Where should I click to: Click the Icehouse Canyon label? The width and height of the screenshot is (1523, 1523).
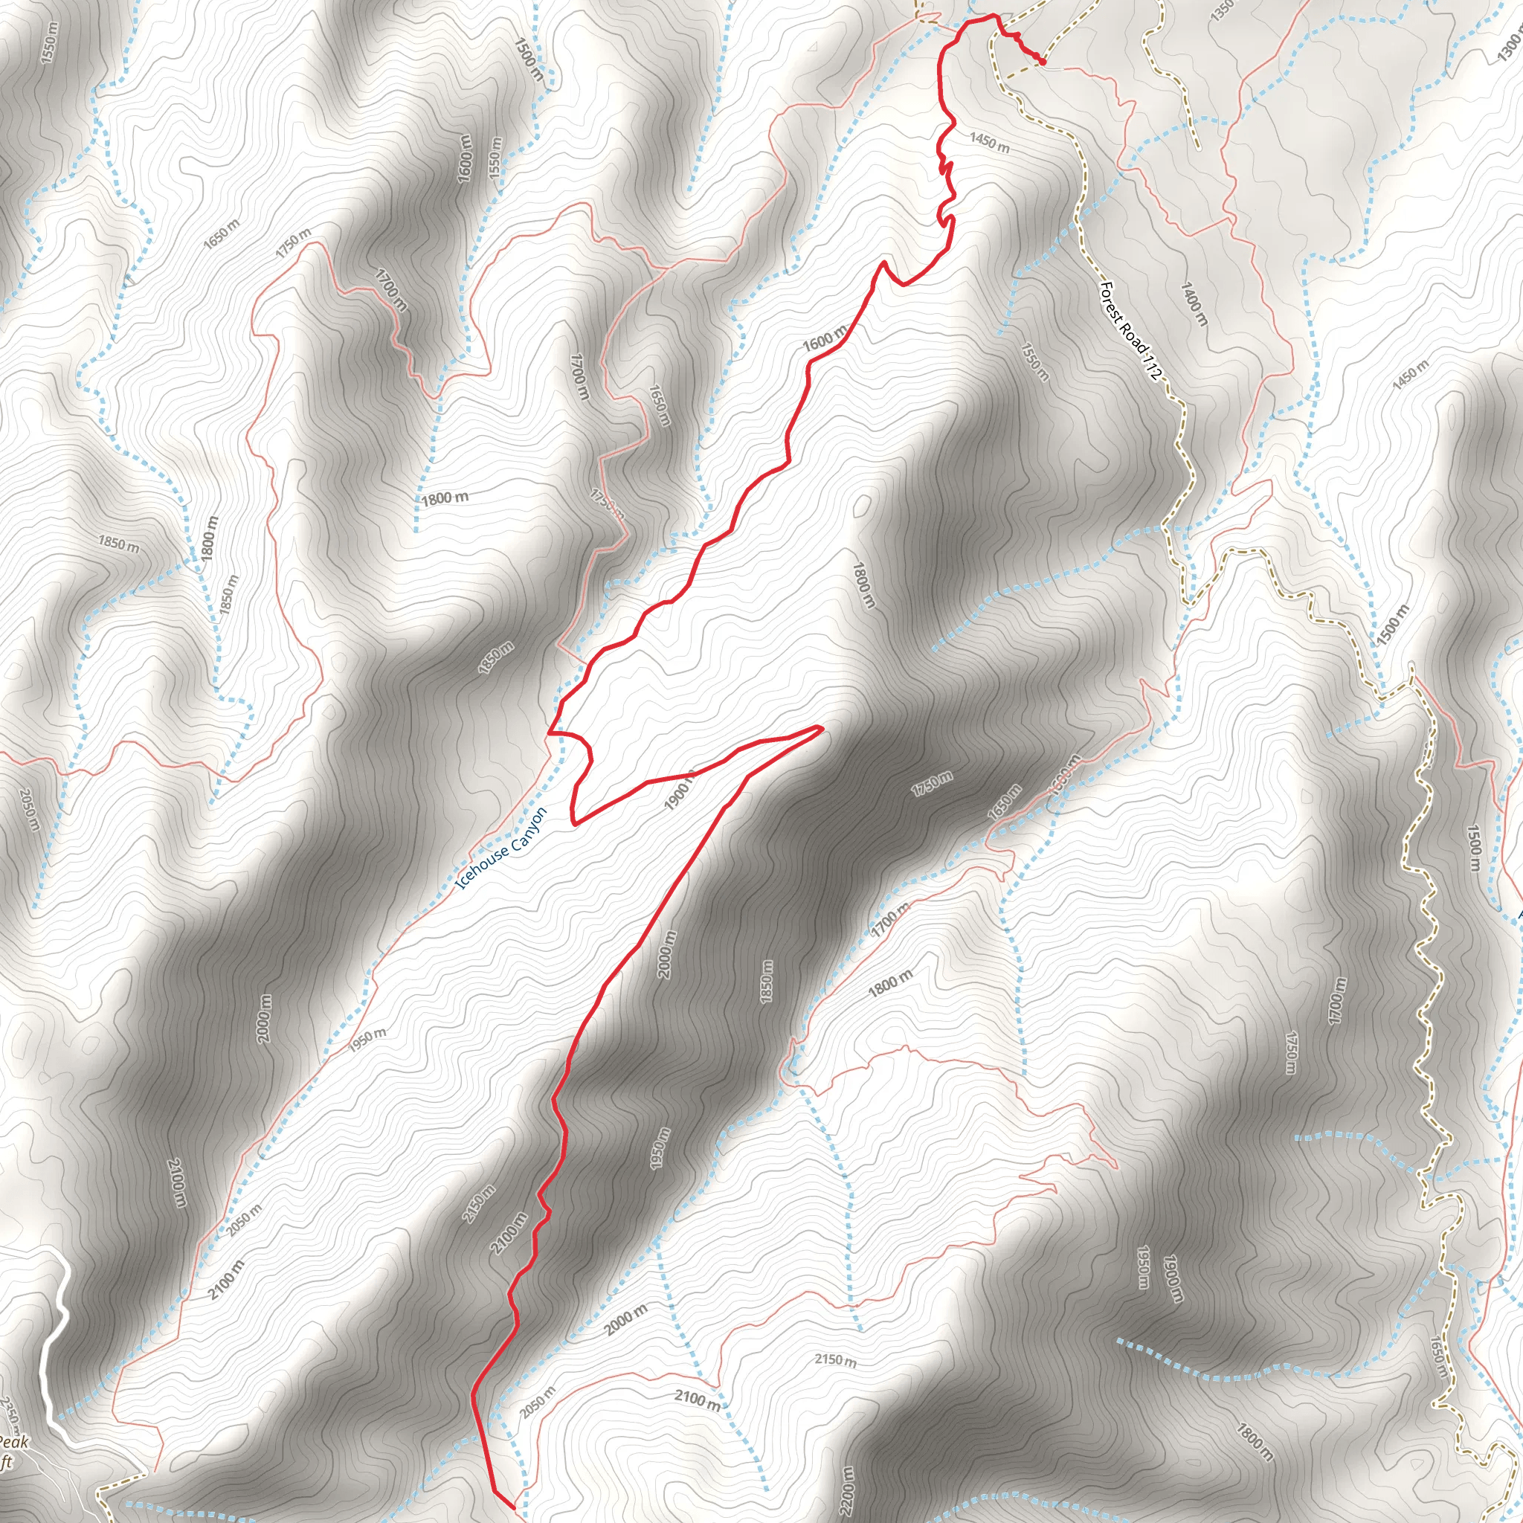[x=501, y=849]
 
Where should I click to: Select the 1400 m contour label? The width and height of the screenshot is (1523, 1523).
[x=1194, y=304]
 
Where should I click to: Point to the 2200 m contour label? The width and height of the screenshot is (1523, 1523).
[x=846, y=1489]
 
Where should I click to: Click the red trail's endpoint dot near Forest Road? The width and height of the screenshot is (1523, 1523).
[x=1042, y=61]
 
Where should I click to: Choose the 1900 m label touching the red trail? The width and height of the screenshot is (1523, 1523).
[x=680, y=791]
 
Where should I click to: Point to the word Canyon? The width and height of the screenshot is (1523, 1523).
[x=527, y=830]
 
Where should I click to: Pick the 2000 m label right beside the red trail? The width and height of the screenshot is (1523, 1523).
[x=666, y=955]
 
